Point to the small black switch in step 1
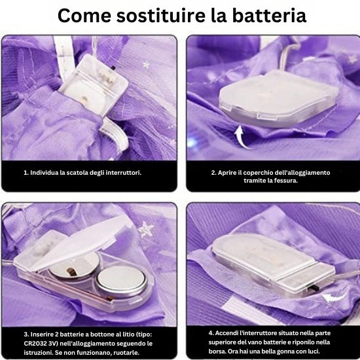pos(113,68)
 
